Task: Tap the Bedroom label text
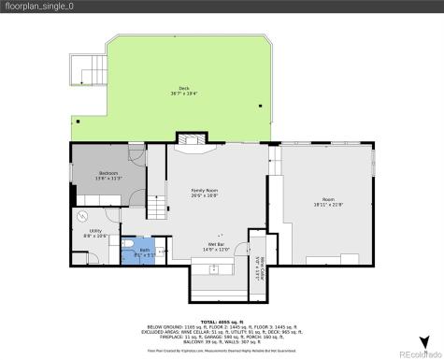108,175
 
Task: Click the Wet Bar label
217,247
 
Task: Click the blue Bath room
144,251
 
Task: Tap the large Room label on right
328,201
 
